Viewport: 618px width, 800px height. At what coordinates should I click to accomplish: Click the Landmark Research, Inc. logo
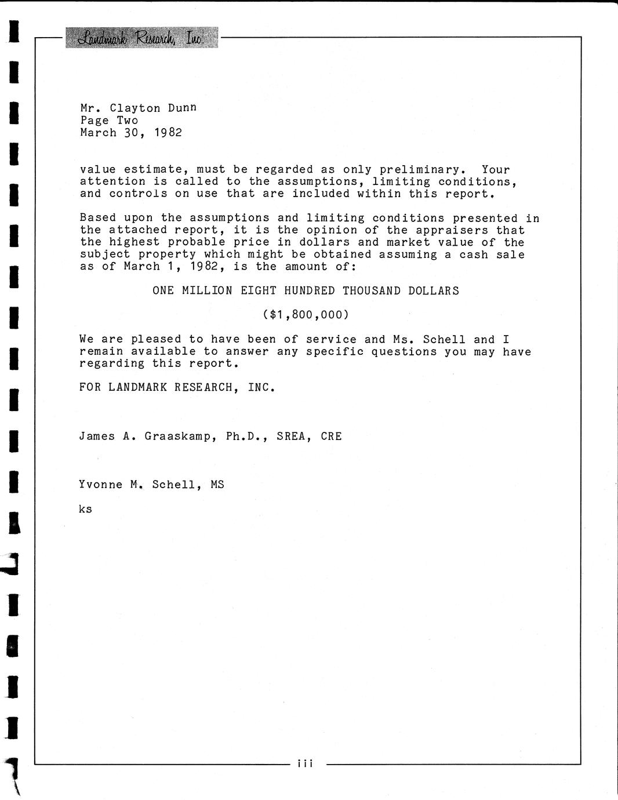[x=141, y=38]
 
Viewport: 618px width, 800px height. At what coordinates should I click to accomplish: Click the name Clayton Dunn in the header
[x=153, y=108]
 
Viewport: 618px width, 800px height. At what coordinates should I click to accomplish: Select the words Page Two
[x=109, y=121]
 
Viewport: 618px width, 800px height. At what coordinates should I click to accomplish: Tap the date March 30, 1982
[x=131, y=133]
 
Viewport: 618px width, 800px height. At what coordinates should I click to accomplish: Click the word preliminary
[x=422, y=170]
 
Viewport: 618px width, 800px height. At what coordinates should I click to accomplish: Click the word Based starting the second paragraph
[x=97, y=219]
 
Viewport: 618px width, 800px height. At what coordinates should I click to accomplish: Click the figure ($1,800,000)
[x=306, y=315]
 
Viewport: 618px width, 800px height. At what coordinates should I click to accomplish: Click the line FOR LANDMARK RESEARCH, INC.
[x=177, y=387]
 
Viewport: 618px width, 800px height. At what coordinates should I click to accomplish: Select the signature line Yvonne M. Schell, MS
[x=151, y=485]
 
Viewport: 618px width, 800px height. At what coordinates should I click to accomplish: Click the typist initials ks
[x=85, y=510]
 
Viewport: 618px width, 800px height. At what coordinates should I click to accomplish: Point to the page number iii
[x=305, y=763]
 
